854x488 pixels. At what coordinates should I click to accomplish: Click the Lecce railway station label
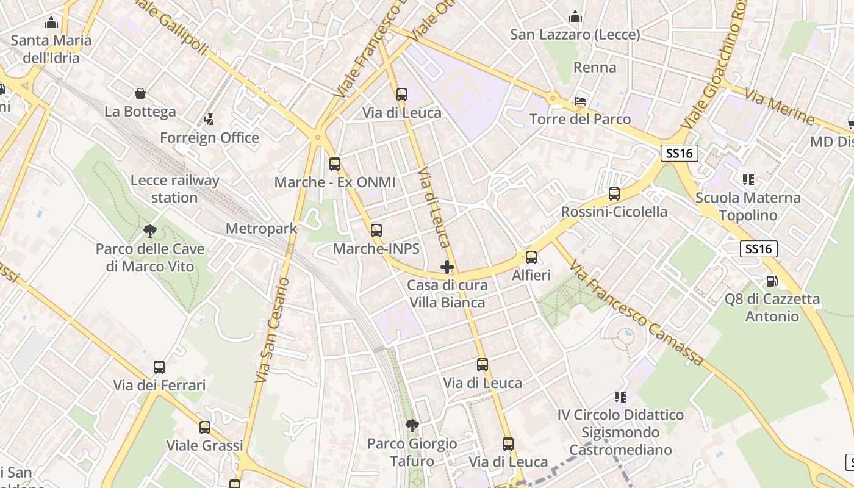174,189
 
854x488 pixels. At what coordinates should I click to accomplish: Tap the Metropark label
261,229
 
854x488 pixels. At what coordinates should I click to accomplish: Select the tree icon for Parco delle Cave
149,231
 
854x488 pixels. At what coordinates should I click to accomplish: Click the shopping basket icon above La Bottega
140,93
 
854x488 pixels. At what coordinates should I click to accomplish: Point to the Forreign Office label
209,138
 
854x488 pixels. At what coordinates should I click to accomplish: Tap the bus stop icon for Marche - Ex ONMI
335,163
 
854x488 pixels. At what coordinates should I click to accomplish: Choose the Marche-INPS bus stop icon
376,231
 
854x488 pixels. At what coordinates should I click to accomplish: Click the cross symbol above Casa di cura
447,267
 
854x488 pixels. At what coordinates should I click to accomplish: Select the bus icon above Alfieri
531,257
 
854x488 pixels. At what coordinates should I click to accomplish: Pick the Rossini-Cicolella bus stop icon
614,194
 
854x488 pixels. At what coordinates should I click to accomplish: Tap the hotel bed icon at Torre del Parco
580,101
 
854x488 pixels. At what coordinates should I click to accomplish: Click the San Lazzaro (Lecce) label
575,35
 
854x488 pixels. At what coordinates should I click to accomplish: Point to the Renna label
595,67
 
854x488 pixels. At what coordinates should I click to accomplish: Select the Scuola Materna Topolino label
748,207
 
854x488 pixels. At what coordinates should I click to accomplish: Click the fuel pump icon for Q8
772,281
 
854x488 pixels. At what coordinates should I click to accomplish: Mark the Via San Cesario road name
272,331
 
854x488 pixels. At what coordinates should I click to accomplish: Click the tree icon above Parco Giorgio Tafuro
412,425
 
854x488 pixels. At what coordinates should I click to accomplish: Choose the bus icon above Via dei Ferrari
159,367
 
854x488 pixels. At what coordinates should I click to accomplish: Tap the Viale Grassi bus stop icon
205,427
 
